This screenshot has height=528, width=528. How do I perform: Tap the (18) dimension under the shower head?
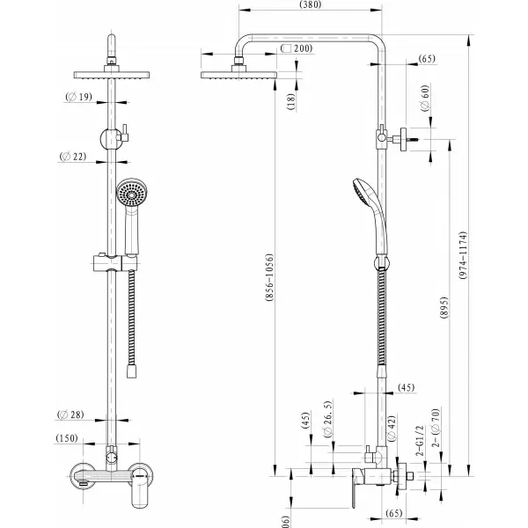click(290, 101)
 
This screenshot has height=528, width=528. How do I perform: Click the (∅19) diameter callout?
click(80, 99)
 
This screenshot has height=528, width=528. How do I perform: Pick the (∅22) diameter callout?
click(77, 157)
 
